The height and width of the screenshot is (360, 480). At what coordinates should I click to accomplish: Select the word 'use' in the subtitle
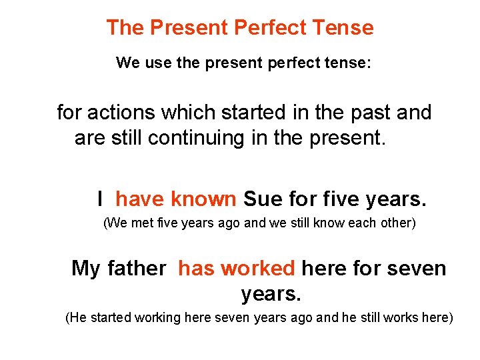157,63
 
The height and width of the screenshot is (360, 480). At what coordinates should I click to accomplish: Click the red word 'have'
140,199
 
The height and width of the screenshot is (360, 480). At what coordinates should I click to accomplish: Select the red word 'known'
203,199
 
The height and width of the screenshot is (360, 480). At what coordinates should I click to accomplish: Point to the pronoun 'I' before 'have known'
99,199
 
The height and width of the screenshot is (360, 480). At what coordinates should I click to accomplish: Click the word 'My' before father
85,269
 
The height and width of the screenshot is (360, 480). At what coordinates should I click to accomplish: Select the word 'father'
137,269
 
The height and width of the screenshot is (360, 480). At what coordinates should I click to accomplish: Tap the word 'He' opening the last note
77,318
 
